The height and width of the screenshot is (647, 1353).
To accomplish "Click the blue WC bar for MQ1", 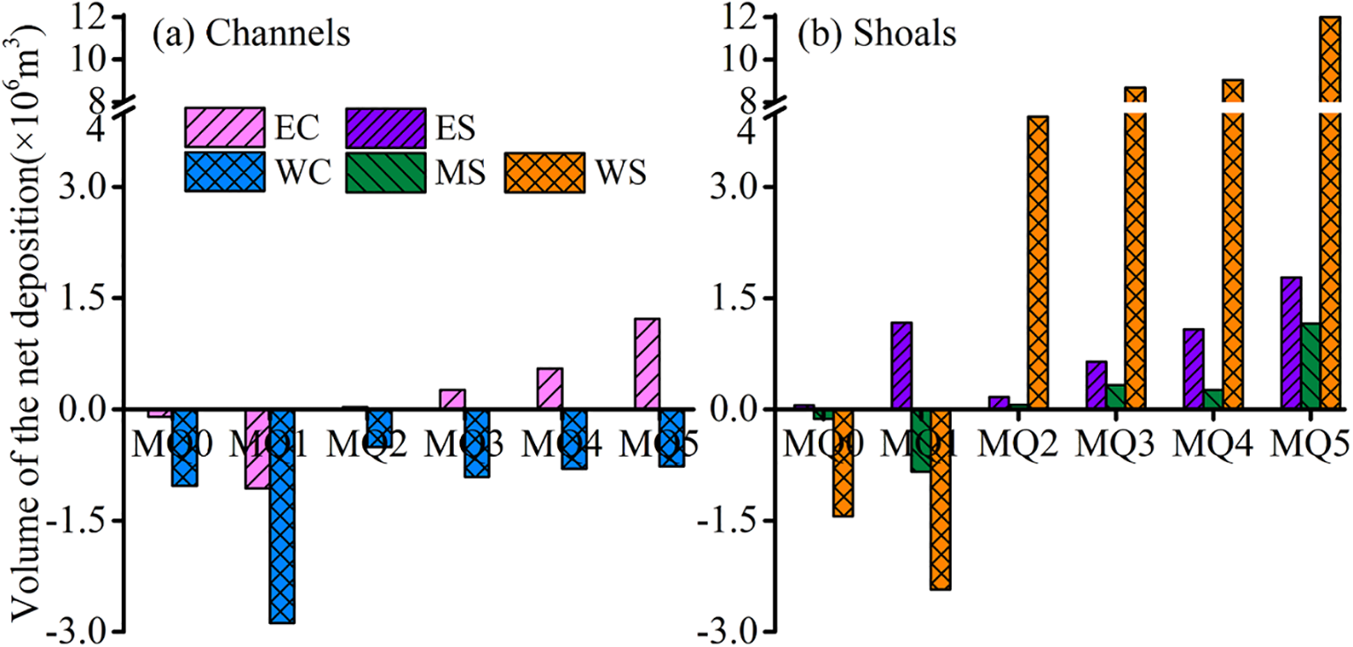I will click(x=282, y=516).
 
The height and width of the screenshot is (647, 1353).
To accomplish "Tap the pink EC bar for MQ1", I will click(x=257, y=449).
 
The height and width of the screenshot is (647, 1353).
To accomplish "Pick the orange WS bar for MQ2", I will click(x=1037, y=262).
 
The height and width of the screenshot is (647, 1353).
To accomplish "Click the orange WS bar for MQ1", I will click(x=940, y=499).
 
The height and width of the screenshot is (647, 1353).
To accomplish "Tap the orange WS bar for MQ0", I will click(x=842, y=462).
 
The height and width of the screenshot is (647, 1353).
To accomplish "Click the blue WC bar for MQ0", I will click(x=184, y=447).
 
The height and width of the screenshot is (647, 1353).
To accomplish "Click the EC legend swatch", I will click(x=225, y=128).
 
